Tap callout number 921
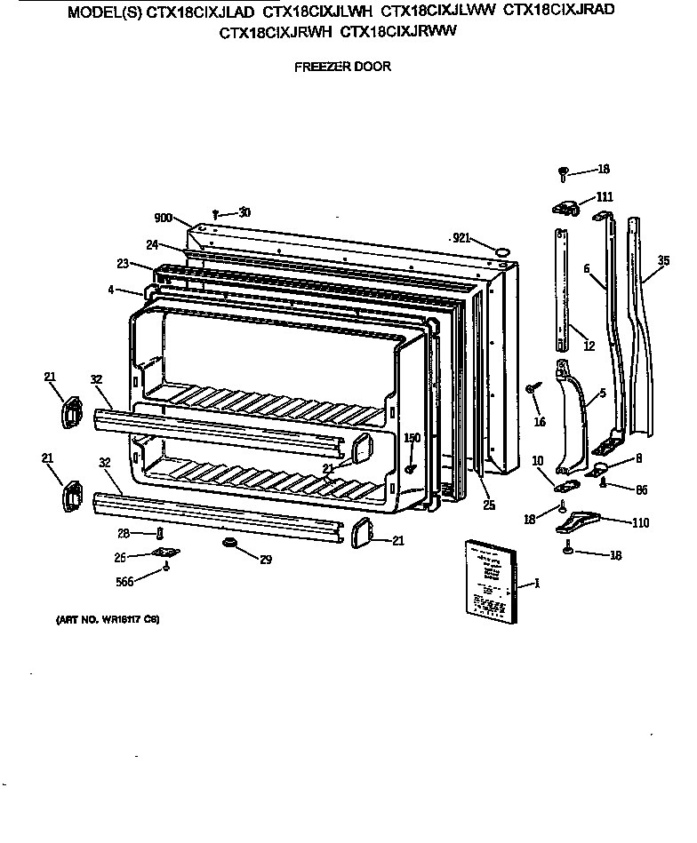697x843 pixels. (x=461, y=237)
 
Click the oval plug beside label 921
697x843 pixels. (x=502, y=252)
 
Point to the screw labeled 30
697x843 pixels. (x=217, y=213)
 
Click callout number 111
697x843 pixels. (x=605, y=196)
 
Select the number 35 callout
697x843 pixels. (x=663, y=260)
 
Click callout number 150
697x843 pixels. (x=412, y=437)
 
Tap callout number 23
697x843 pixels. (x=123, y=263)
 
